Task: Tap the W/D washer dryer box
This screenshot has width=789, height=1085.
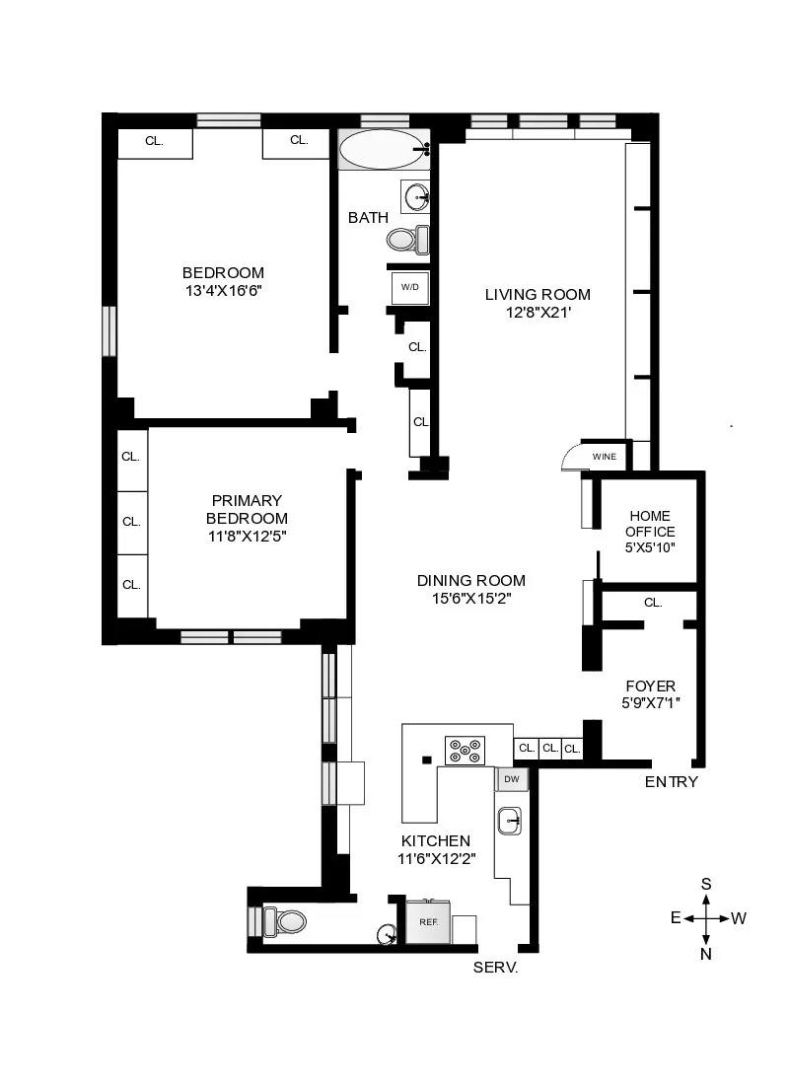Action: click(x=409, y=287)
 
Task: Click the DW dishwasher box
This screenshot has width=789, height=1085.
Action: click(x=511, y=779)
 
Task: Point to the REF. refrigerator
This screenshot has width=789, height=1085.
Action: click(x=429, y=922)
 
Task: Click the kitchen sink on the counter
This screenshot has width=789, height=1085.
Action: click(x=510, y=819)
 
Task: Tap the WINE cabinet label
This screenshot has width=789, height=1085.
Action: click(x=604, y=457)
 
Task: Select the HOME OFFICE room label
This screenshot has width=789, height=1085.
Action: click(x=650, y=524)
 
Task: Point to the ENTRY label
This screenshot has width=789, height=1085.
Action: click(x=671, y=782)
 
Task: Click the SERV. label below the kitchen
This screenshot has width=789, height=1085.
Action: click(x=496, y=969)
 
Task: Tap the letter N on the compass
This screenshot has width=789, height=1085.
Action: click(x=706, y=954)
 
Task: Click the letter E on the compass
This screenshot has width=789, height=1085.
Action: click(x=676, y=918)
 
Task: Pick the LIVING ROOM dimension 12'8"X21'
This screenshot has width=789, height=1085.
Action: click(x=537, y=313)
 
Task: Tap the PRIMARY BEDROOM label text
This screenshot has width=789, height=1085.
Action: click(x=247, y=509)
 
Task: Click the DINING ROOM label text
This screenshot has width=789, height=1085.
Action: click(x=470, y=581)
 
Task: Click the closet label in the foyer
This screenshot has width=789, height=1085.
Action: click(x=652, y=602)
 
